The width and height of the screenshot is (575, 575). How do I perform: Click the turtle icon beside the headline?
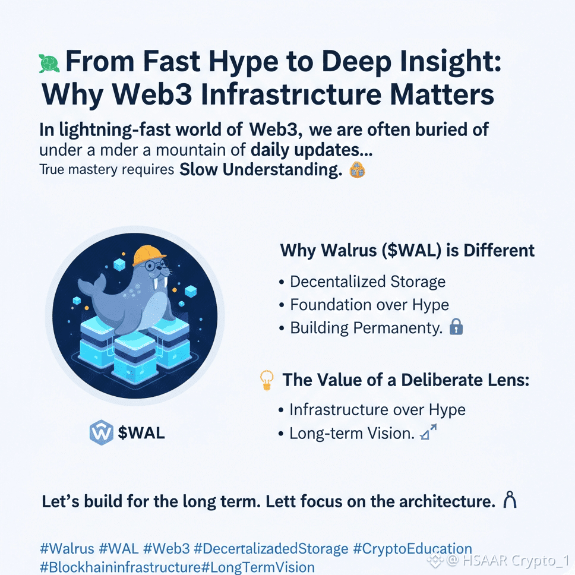coord(49,62)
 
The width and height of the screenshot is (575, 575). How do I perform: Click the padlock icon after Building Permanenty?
coord(456,327)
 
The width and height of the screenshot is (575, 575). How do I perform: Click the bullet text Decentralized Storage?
coord(368,282)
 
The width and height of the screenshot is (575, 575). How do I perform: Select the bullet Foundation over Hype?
coord(369,305)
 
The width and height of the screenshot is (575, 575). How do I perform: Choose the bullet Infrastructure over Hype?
coord(377,410)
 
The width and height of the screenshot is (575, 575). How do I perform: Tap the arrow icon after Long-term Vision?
coord(428,433)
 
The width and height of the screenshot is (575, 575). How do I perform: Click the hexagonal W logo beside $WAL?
coord(101,433)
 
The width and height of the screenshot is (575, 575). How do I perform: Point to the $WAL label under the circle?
coord(141,433)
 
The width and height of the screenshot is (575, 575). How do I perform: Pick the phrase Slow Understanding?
coord(261,170)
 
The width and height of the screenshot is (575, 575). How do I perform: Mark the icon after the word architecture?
coord(509,501)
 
